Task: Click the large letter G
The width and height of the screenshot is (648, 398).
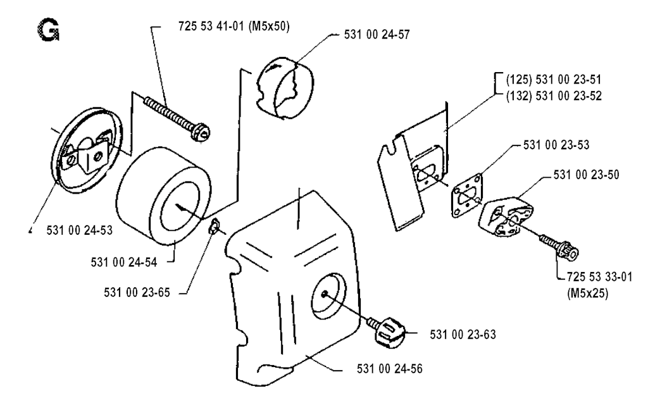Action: [x=48, y=30]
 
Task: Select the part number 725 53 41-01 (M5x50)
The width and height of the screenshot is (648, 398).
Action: [x=234, y=27]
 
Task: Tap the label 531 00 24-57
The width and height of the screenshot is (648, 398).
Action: [x=377, y=34]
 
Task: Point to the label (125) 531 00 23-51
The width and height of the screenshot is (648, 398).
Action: [x=554, y=79]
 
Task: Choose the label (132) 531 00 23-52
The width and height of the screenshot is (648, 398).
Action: [x=554, y=96]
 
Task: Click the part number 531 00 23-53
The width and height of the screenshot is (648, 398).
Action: [x=556, y=145]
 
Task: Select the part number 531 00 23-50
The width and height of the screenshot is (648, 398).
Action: [x=587, y=175]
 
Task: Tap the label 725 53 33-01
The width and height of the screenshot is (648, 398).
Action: [x=599, y=277]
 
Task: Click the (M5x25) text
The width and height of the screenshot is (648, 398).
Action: [x=588, y=294]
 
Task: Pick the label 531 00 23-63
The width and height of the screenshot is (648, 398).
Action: [x=463, y=334]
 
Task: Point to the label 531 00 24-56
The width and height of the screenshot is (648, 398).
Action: [x=390, y=369]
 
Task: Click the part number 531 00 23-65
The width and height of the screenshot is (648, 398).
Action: [x=137, y=292]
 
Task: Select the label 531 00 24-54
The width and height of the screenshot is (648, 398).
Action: [x=124, y=263]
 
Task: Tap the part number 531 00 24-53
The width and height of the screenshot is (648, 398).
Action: [x=79, y=230]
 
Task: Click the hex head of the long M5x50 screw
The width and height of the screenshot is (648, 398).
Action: [x=201, y=132]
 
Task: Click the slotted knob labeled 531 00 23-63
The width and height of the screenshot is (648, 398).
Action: [x=390, y=332]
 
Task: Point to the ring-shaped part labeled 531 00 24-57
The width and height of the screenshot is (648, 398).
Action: [x=284, y=89]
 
